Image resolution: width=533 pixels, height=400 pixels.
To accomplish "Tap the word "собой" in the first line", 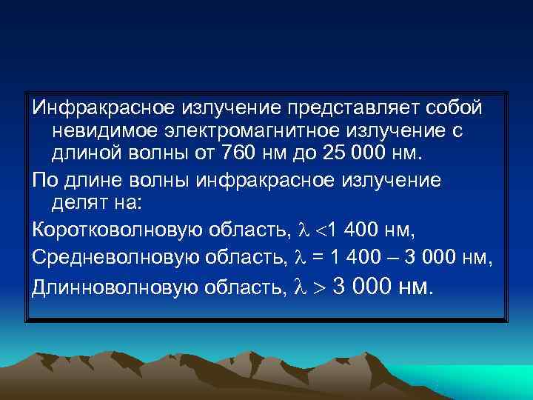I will pos(455,109).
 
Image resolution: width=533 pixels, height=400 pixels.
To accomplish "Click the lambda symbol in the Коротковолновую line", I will pos(301,230).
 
